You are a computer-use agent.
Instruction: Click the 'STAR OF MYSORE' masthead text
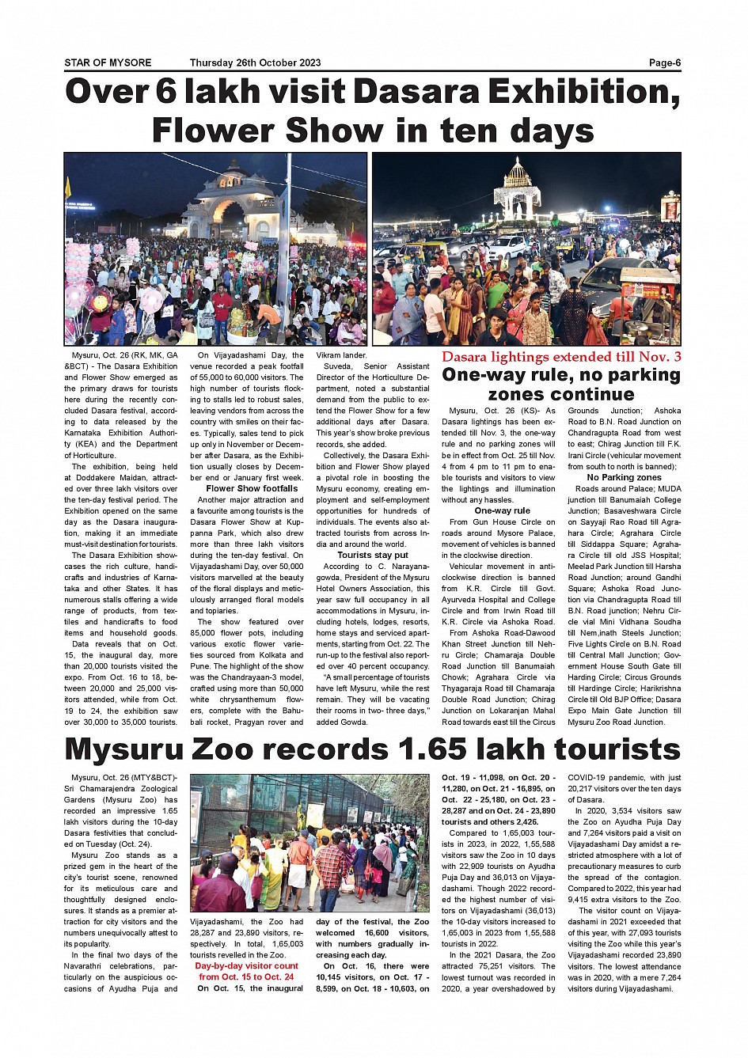pos(108,63)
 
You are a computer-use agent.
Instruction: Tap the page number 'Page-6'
pos(665,63)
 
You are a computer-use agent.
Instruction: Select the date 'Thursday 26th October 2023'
pos(255,63)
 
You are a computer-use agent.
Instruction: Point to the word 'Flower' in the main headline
pos(211,131)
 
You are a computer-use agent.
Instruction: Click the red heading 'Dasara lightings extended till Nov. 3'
pos(561,357)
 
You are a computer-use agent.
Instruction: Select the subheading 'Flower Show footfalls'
pos(252,489)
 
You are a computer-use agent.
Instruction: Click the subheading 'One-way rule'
pos(502,511)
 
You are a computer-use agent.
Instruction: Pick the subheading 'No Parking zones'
pos(624,478)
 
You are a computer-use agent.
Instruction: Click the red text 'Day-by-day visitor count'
pos(246,966)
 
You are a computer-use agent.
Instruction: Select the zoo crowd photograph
pos(309,843)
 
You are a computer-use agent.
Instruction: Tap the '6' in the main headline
pos(166,93)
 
